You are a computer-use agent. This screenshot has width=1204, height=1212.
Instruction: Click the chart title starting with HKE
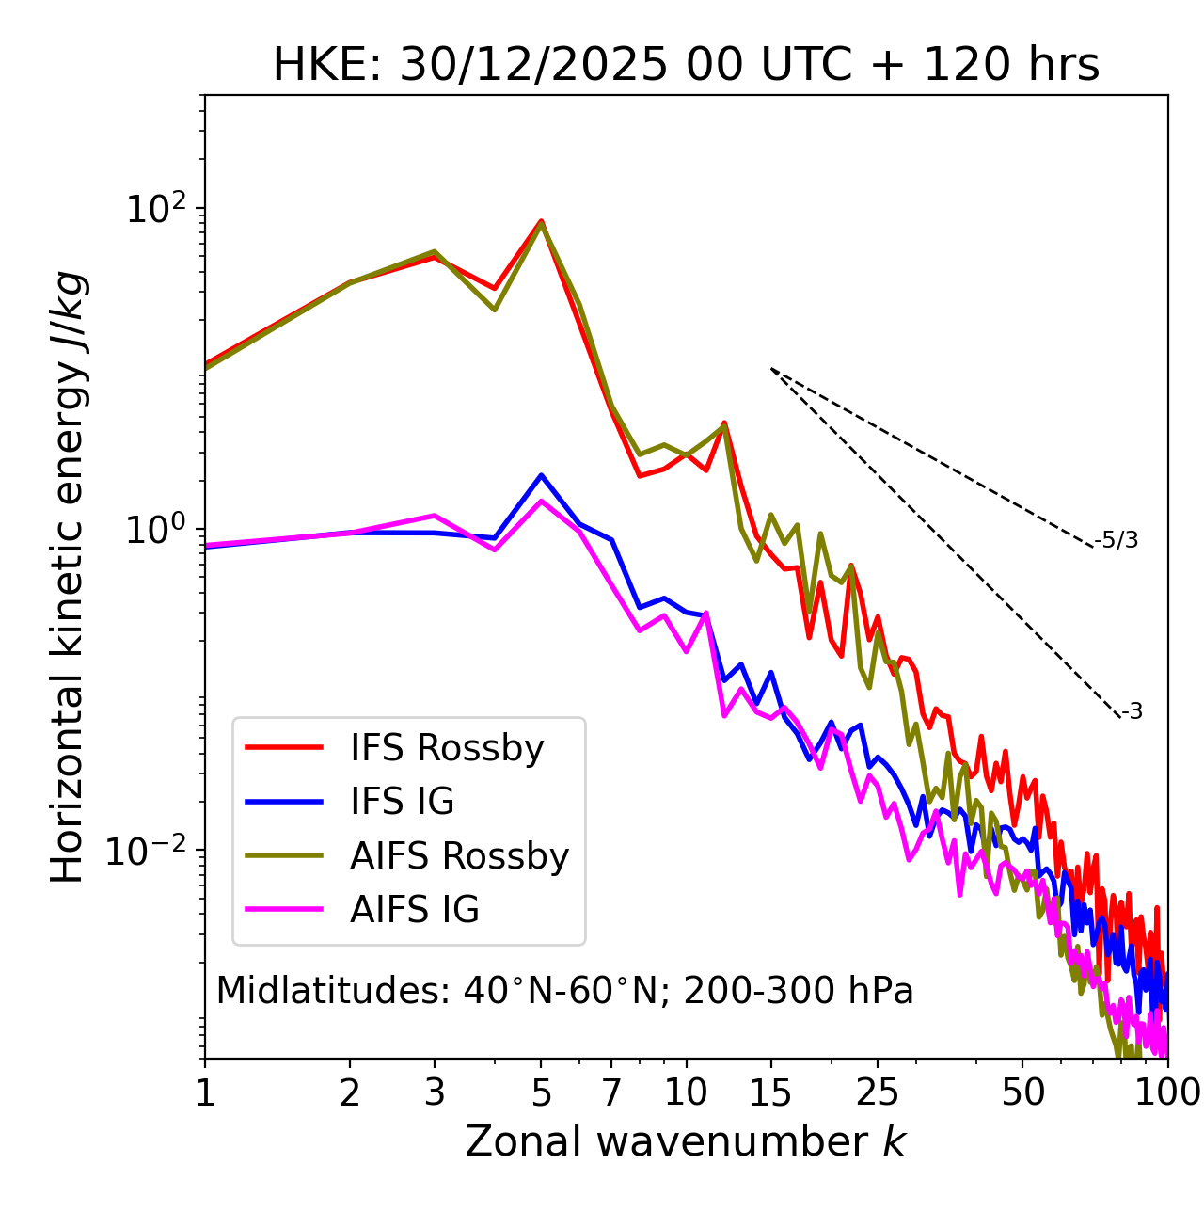(x=686, y=66)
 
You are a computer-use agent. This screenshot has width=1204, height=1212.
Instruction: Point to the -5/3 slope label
(x=1117, y=541)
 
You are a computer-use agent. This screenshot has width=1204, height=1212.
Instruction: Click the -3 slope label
(x=1132, y=712)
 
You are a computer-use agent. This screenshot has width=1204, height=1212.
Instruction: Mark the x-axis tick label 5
(x=541, y=1092)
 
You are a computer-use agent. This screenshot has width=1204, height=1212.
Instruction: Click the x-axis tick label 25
(x=877, y=1092)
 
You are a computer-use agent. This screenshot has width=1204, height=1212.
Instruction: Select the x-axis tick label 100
(x=1166, y=1092)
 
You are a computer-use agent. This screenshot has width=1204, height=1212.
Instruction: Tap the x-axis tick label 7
(x=612, y=1092)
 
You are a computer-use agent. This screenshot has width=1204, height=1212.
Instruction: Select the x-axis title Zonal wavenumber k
(x=686, y=1142)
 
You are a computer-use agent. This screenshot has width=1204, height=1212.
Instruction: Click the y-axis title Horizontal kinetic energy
(x=68, y=576)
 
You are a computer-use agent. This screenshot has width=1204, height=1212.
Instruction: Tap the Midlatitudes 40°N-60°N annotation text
(x=564, y=991)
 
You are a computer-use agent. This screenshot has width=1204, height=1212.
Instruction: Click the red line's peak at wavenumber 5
(x=541, y=221)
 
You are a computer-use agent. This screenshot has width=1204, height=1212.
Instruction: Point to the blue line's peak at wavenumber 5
(x=541, y=475)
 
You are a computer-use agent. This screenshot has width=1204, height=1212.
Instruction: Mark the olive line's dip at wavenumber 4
(x=494, y=310)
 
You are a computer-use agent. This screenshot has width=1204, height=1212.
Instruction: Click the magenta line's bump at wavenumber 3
(x=435, y=516)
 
